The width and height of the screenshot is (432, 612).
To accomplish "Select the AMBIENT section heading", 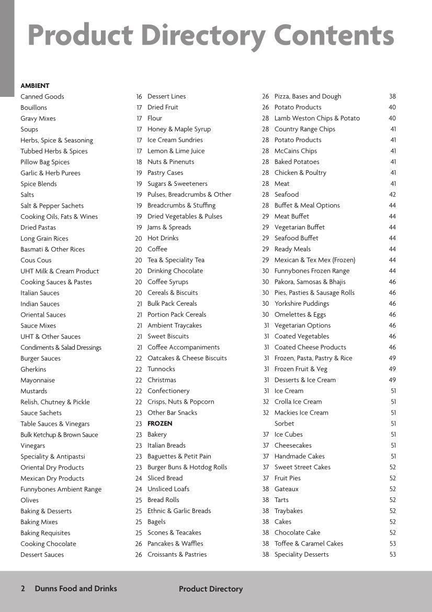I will pos(35,85).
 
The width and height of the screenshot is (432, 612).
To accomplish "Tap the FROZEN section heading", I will pos(160,424).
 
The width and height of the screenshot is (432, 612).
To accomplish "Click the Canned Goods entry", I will pos(42,96).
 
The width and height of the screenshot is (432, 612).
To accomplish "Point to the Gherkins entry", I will pos(33,369).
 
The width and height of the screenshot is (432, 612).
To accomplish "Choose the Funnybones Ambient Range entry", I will pos(61,489).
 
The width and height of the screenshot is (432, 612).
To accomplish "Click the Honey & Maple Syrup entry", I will pos(179,129).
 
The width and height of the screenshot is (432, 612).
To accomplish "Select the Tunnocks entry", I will pos(161,369).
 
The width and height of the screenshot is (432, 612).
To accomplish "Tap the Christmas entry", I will pos(162,380).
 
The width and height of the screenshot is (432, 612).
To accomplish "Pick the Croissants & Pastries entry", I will pos(177,554).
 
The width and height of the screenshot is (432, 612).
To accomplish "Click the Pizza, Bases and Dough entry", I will pos(308,96).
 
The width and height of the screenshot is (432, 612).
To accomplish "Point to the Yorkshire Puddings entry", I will pos(302,304).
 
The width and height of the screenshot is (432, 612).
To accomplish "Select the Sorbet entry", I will pos(284,424).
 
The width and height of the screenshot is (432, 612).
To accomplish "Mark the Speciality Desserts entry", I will pos(301,554).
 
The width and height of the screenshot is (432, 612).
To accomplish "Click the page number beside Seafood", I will pos(392,194).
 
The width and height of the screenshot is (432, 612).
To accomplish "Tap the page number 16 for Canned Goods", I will pos(139,96).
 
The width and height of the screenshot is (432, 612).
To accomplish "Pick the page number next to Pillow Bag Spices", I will pos(139,162).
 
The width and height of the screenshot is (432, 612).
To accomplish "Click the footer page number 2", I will pos(22,588).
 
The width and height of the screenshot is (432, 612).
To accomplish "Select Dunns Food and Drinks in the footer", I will pos(76,588).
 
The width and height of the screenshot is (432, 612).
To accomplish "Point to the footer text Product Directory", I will pos(211,589).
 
